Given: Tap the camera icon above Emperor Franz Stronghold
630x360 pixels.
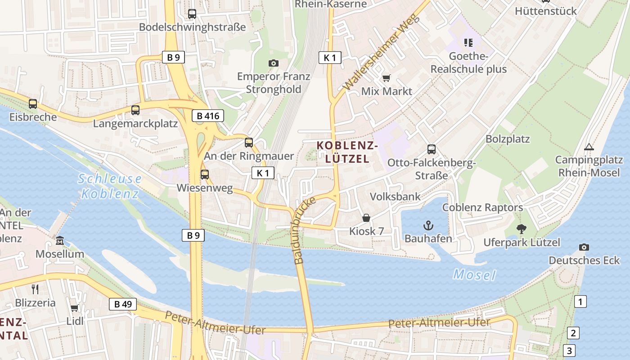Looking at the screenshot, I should (273, 63).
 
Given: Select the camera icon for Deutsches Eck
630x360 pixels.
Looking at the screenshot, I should (584, 247).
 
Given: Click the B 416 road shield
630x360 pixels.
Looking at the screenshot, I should (208, 116).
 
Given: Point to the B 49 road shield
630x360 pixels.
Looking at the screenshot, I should (123, 304).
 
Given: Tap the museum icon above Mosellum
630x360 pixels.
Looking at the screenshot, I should (60, 241).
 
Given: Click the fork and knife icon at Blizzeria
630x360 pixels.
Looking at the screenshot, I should (35, 289).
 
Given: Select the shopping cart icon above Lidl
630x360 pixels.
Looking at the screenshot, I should (74, 308).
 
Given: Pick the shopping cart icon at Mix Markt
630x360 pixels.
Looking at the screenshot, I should (386, 78).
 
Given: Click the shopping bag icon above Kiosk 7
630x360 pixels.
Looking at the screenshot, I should (366, 218).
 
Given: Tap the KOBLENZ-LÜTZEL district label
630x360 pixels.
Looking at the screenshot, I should (347, 152).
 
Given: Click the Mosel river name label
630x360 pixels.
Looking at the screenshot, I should (474, 274).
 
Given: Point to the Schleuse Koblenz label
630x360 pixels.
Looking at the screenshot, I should (110, 186).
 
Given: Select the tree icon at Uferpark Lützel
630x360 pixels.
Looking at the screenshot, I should (521, 229).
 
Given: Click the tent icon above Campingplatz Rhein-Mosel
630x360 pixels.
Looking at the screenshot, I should (589, 147).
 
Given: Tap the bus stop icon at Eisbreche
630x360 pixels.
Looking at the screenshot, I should (33, 104).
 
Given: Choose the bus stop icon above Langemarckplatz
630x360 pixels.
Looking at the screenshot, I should (135, 110).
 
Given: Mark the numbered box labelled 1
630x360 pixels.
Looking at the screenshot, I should (580, 301).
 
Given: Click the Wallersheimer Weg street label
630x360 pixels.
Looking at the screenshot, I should (381, 52).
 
